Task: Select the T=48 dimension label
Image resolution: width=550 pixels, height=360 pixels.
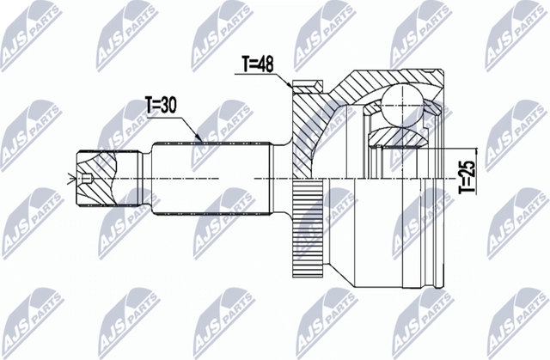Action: point(258,63)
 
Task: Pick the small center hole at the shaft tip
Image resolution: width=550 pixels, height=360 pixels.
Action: point(89,180)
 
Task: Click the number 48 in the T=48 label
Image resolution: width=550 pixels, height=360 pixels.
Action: point(268,63)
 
